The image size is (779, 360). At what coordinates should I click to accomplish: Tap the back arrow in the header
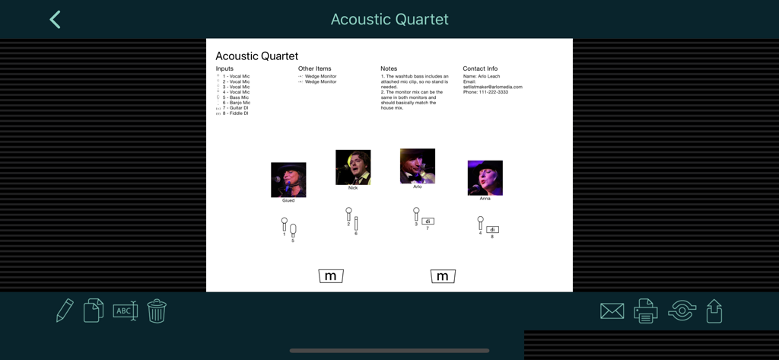(x=55, y=20)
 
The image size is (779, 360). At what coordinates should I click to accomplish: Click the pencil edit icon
(x=65, y=311)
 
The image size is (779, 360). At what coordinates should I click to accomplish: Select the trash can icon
(x=157, y=311)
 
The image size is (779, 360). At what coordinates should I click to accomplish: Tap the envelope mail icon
(x=612, y=311)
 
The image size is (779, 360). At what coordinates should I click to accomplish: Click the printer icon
(x=646, y=311)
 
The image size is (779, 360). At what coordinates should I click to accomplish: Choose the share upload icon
(x=714, y=311)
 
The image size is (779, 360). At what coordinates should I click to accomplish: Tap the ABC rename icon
(x=125, y=311)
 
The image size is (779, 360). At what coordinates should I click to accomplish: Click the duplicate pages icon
(x=94, y=311)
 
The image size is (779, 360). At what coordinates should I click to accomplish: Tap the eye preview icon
(x=682, y=311)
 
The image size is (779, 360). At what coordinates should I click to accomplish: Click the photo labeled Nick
(x=353, y=167)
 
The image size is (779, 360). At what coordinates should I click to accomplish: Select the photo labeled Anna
(x=485, y=178)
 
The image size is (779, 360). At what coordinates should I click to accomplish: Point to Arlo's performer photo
(x=418, y=166)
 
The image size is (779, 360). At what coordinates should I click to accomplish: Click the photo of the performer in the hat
(x=288, y=180)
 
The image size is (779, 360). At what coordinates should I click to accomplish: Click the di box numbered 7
(x=428, y=221)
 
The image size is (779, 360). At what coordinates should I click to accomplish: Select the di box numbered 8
(x=492, y=230)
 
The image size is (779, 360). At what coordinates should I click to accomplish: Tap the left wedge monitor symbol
(x=331, y=276)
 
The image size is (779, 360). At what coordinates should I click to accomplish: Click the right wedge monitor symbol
(x=443, y=276)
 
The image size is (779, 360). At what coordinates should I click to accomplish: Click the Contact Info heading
(x=480, y=68)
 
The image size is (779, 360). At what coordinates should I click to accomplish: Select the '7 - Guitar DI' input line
(x=236, y=108)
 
